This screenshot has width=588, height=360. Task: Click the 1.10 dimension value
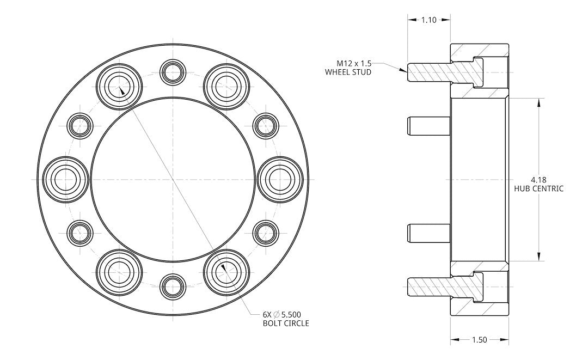tap(428, 20)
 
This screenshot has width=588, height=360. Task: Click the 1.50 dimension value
tap(479, 340)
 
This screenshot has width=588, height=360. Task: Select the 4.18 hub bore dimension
tap(538, 179)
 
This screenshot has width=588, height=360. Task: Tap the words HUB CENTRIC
tap(538, 188)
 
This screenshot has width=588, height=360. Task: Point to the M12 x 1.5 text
tap(354, 63)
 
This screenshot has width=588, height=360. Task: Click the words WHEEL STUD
tap(348, 72)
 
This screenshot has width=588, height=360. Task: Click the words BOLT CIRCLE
tap(286, 323)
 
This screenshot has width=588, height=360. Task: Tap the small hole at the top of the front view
tap(174, 71)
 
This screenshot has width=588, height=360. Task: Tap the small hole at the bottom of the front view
tap(174, 286)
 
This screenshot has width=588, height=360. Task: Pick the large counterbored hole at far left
tap(65, 179)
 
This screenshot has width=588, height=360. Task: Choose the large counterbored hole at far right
tap(280, 179)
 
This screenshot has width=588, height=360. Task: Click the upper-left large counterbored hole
tap(119, 86)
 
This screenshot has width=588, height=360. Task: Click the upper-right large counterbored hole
tap(226, 86)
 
